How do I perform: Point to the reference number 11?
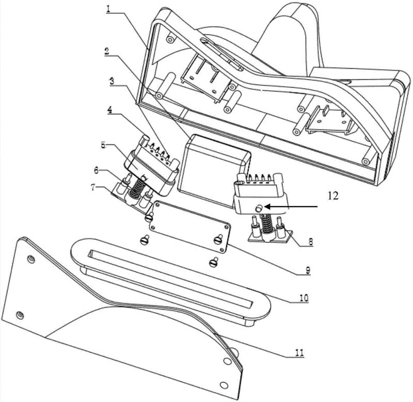(x=299, y=353)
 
